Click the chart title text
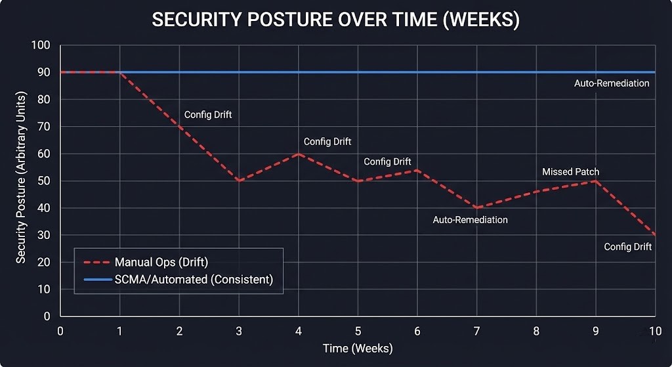click(335, 20)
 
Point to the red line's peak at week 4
click(299, 154)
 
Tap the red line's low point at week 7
click(477, 207)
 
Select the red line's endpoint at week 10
click(655, 234)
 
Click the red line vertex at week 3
click(239, 181)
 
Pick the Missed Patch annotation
click(570, 172)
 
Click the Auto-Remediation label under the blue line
click(612, 83)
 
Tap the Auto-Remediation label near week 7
click(470, 220)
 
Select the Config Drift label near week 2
click(208, 115)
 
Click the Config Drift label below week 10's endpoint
click(627, 247)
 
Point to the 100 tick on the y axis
click(41, 45)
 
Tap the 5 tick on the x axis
click(358, 330)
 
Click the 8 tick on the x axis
click(536, 330)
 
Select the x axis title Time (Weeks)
click(358, 348)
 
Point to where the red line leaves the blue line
click(119, 72)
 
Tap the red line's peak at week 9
click(595, 181)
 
